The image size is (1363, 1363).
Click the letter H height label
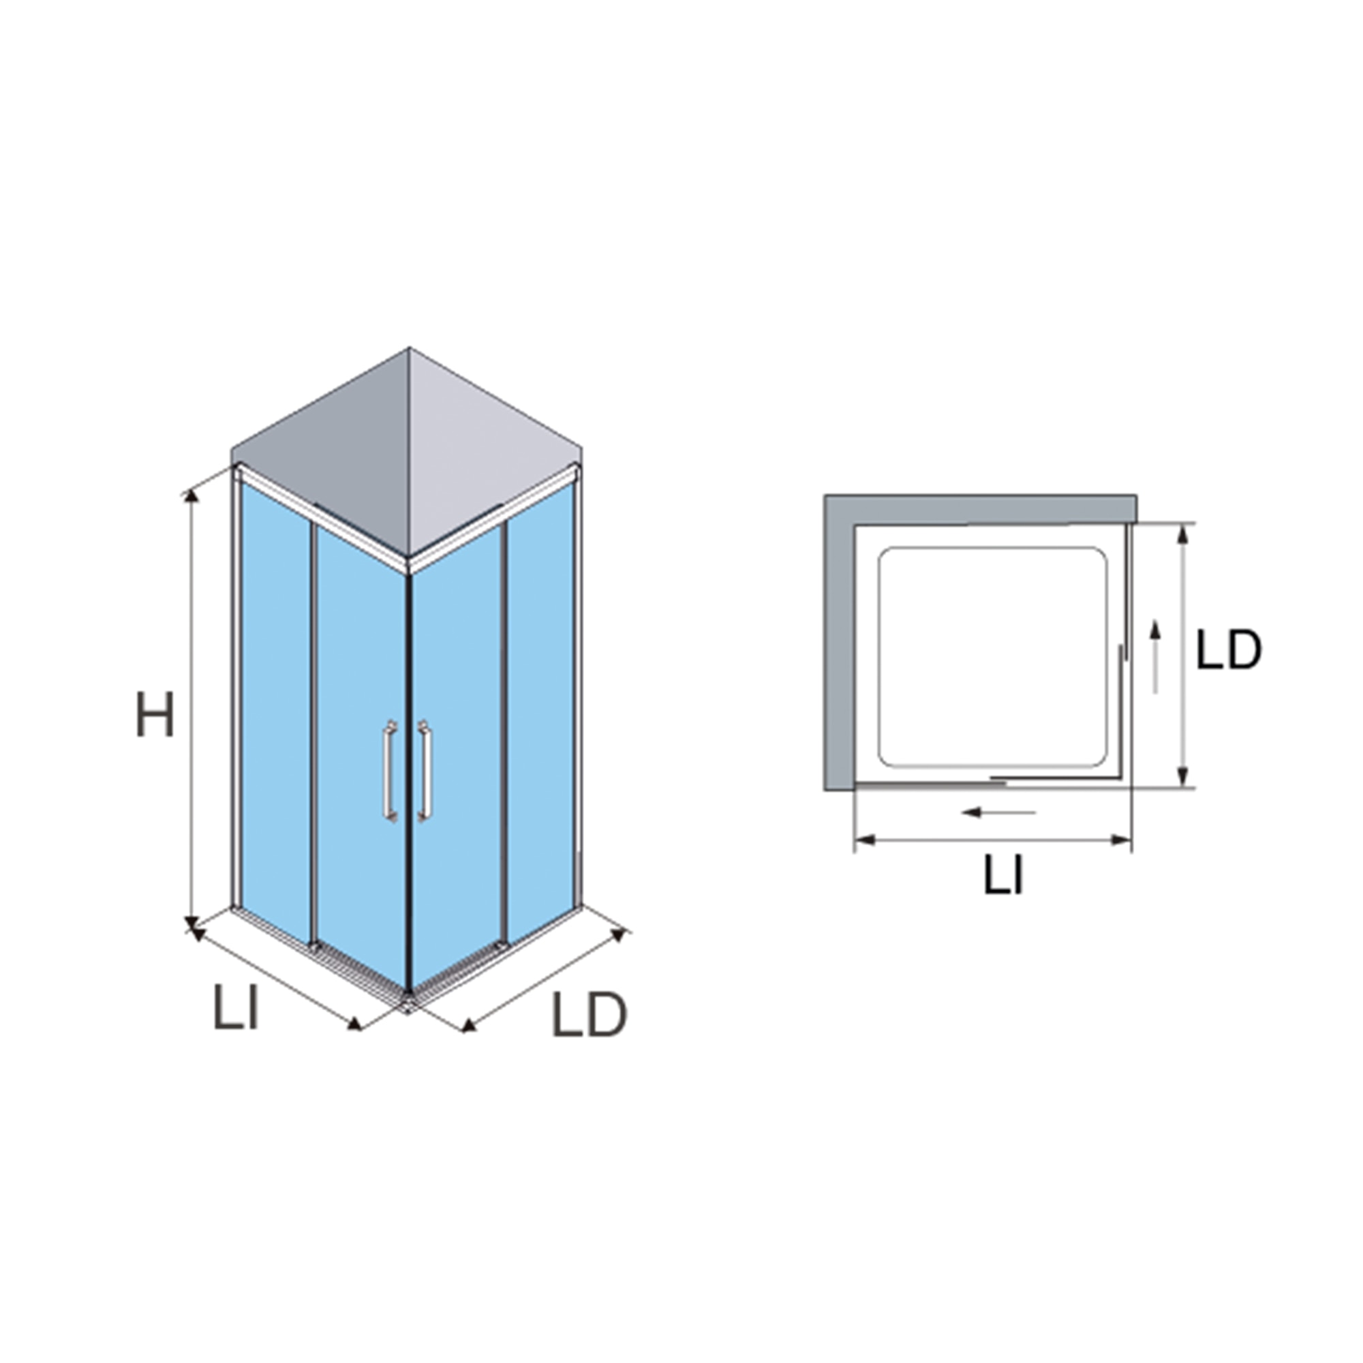tap(155, 714)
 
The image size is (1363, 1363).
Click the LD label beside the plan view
tap(1229, 649)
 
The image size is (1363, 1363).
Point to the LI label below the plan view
tap(1003, 876)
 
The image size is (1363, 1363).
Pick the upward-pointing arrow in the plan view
tap(1155, 656)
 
